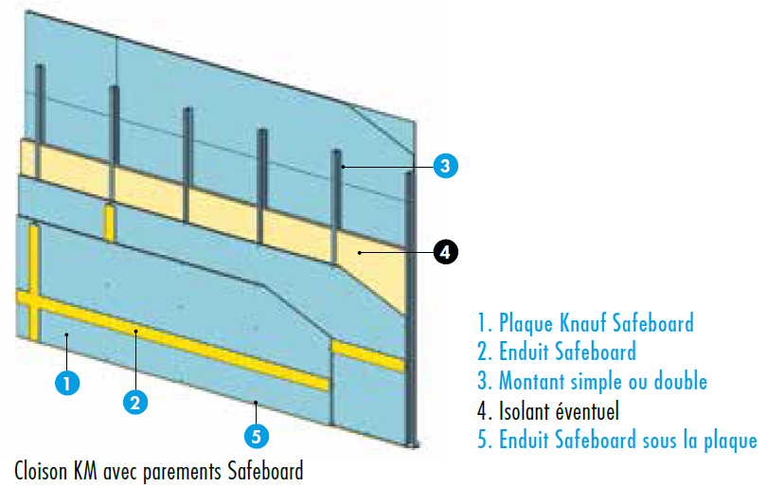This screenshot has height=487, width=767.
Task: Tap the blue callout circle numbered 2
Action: point(136,401)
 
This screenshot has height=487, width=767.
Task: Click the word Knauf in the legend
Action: point(590,323)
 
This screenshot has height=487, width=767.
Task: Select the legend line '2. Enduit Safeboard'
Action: point(556,352)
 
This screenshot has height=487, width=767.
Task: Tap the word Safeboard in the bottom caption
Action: point(268,470)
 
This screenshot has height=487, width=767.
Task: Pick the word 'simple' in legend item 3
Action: point(602,382)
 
